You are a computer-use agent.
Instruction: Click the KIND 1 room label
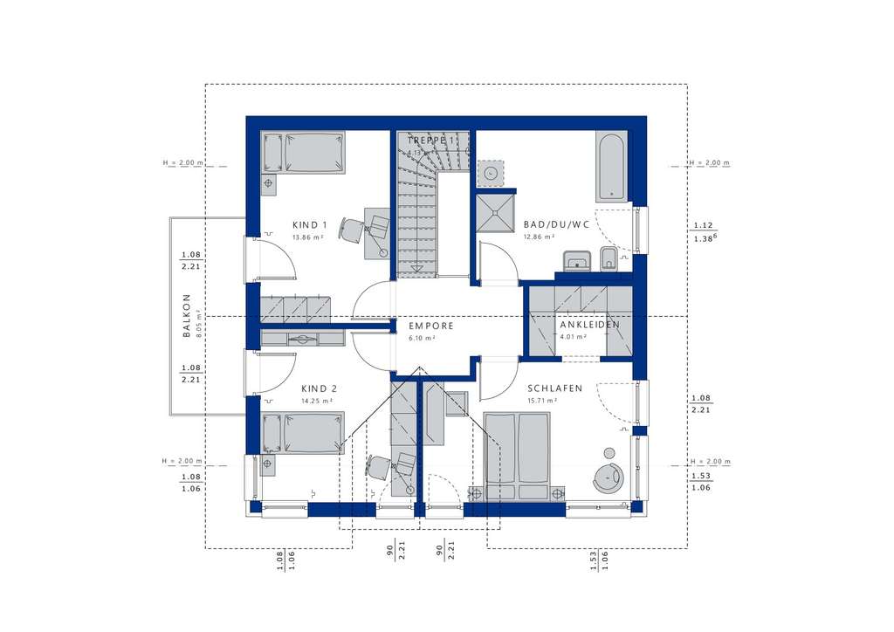click(308, 223)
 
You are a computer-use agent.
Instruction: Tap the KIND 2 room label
click(319, 388)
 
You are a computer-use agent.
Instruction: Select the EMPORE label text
click(431, 326)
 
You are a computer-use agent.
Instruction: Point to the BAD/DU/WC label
click(556, 223)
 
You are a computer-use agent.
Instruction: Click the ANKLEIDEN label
click(589, 325)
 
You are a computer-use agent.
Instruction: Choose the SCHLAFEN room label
click(554, 388)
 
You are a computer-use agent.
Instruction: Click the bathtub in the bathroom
click(611, 166)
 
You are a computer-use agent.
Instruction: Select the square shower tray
click(496, 211)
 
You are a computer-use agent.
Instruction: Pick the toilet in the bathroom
click(609, 258)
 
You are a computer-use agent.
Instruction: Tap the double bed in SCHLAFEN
click(517, 456)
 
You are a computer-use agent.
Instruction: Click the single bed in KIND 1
click(303, 152)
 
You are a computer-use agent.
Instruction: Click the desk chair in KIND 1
click(352, 230)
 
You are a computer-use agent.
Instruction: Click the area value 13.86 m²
click(308, 237)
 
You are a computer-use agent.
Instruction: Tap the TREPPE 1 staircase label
click(431, 141)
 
